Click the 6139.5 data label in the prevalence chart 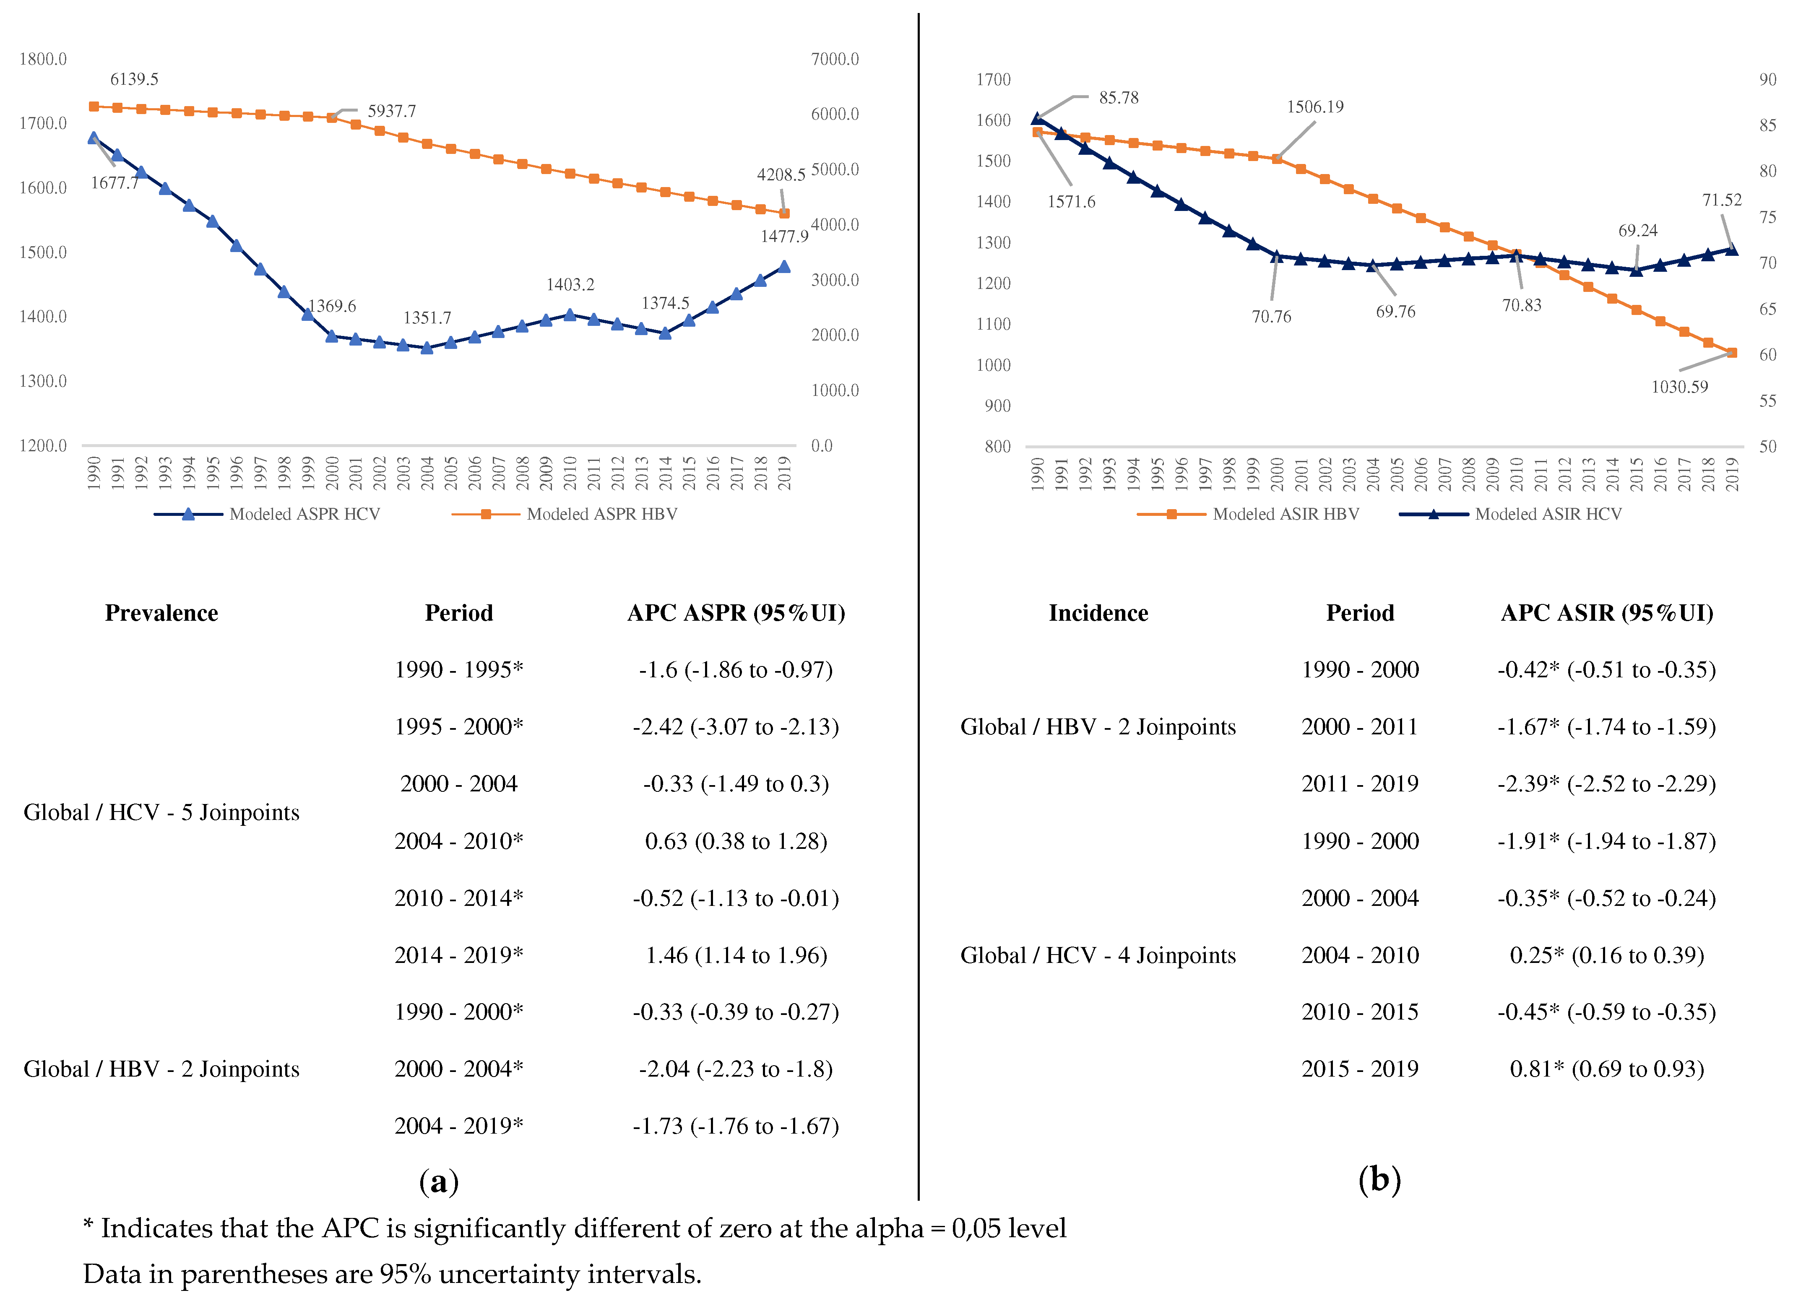(134, 79)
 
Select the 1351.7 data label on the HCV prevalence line (427, 318)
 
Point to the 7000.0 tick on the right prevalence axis (835, 59)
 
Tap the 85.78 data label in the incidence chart (1119, 98)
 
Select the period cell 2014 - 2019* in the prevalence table (458, 956)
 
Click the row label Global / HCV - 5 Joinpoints (161, 813)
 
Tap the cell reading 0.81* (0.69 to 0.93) (1606, 1069)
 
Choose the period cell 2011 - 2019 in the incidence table (1360, 784)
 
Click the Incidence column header (1098, 614)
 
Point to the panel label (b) (1379, 1180)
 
